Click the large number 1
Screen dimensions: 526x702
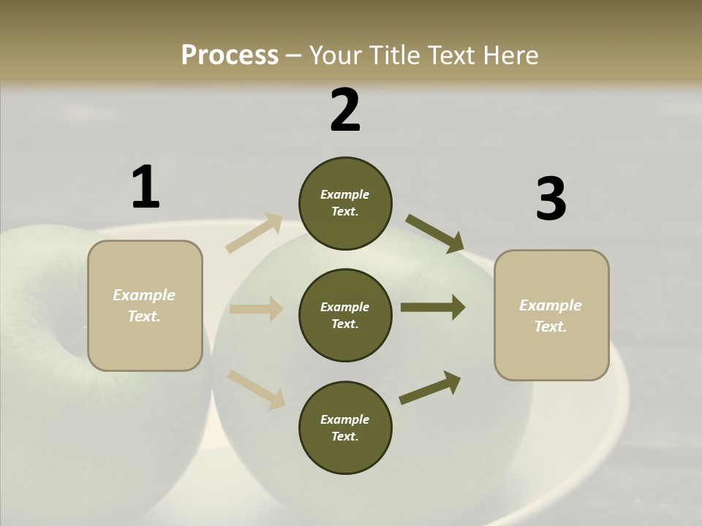point(146,188)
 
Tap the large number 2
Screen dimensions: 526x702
point(345,110)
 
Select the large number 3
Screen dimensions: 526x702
point(551,199)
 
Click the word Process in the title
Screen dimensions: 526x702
point(230,55)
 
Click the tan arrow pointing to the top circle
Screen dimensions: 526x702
point(254,232)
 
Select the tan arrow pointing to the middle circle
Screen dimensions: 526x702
point(256,309)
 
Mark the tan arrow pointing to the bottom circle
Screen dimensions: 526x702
point(256,389)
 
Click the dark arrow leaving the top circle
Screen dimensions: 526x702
point(435,234)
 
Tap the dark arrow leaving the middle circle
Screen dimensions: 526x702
point(433,308)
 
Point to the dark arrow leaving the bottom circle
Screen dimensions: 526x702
point(430,387)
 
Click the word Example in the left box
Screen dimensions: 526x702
point(144,295)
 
